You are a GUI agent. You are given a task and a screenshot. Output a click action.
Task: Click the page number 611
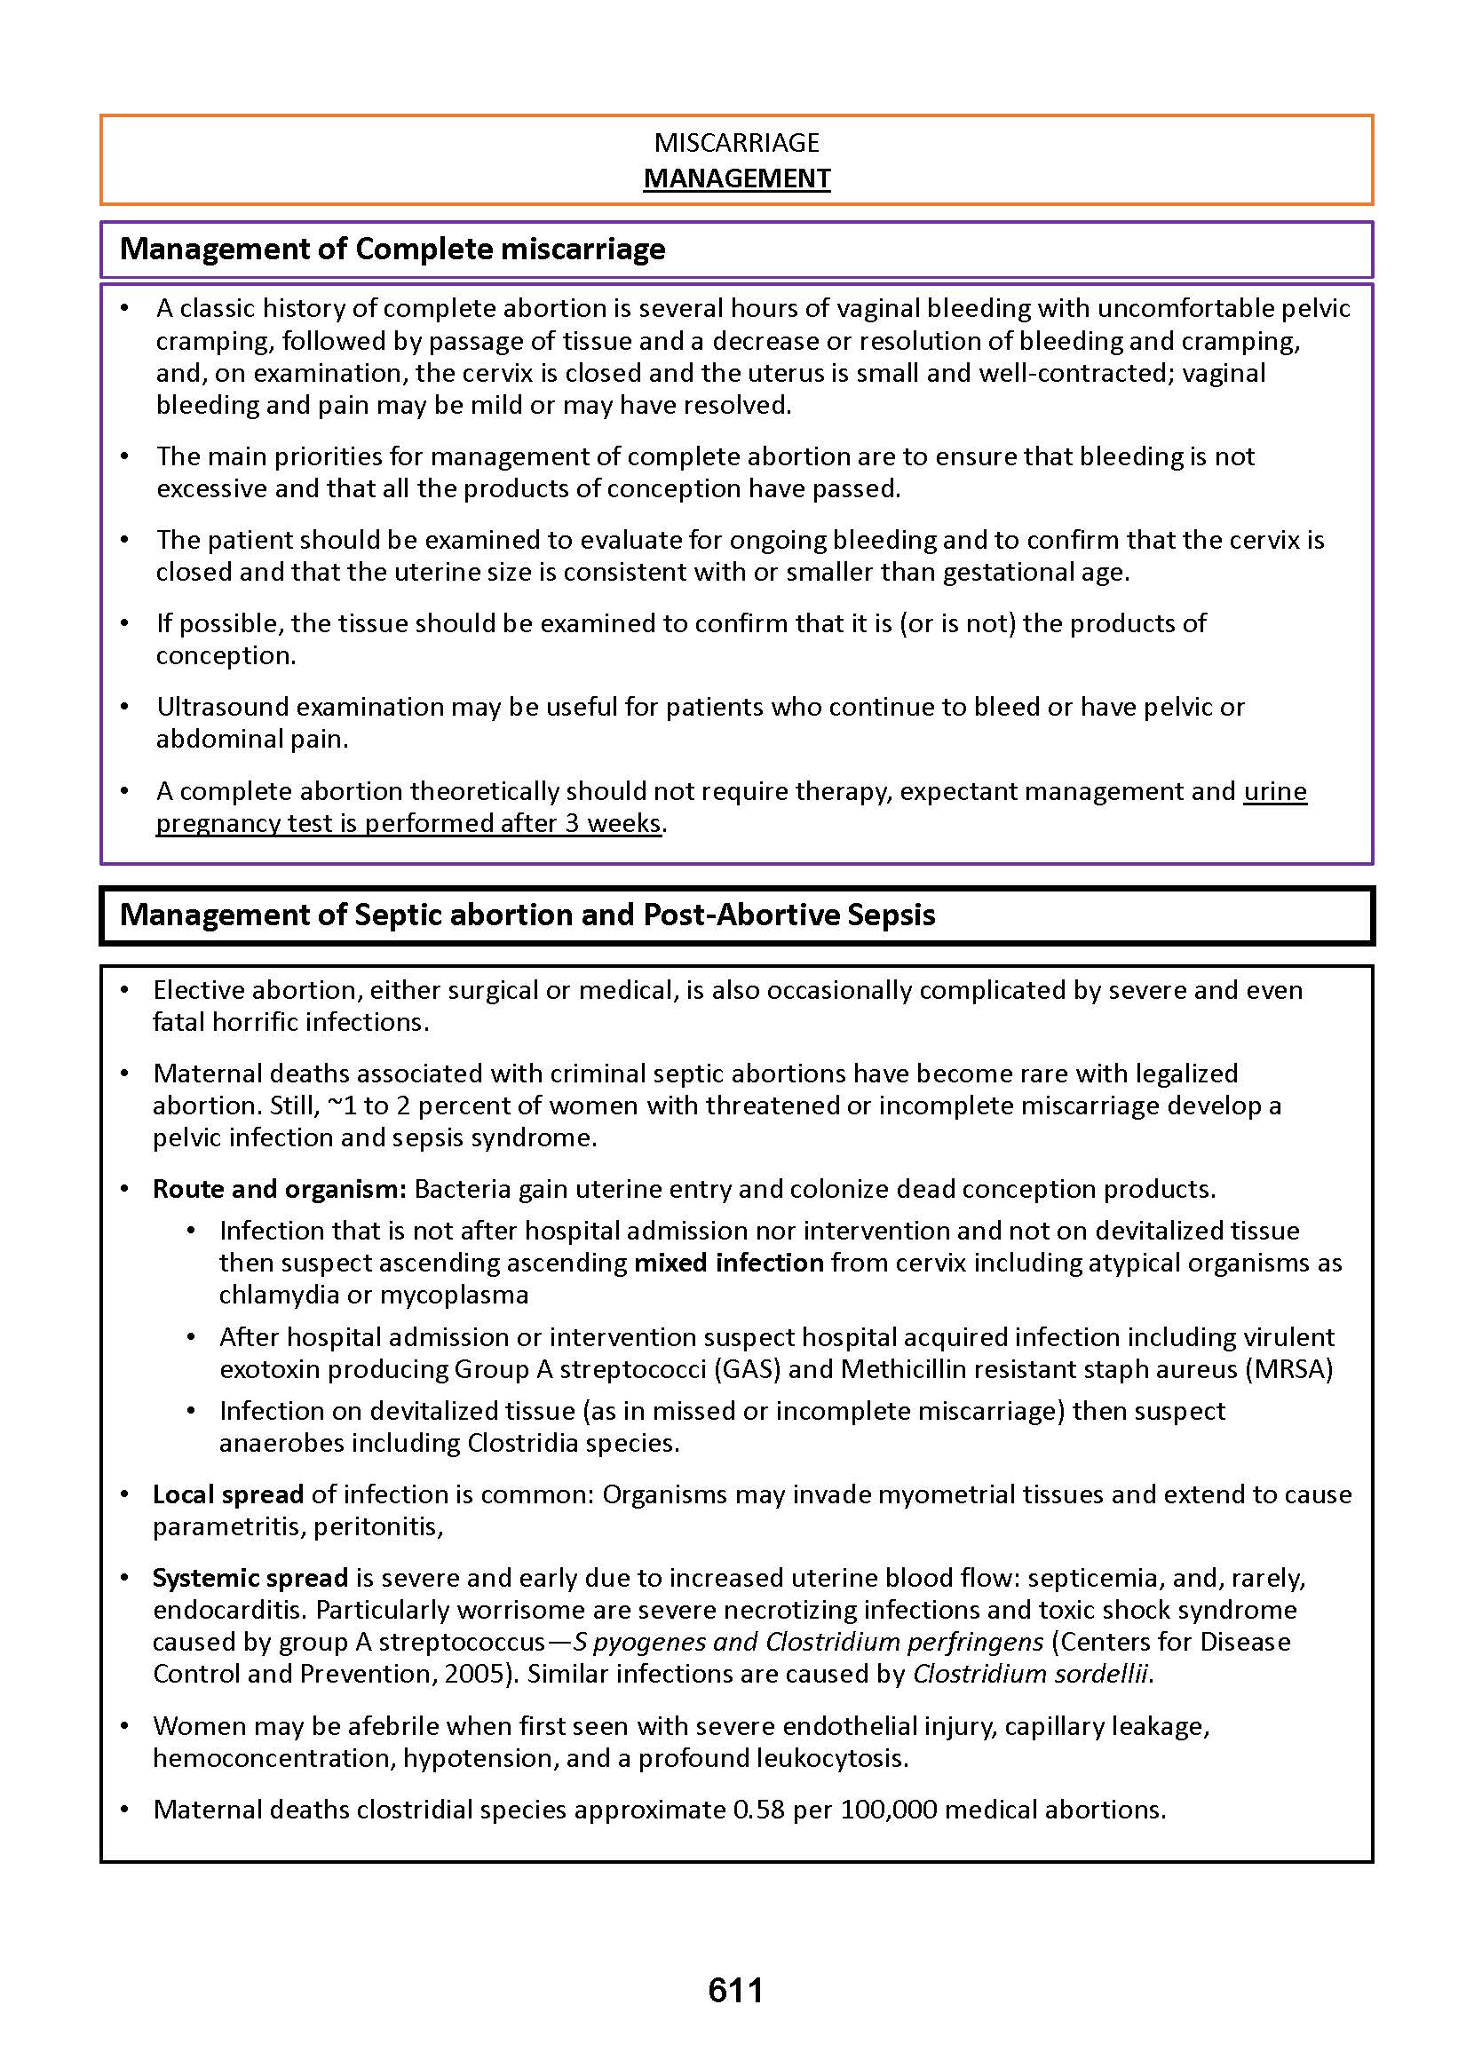click(x=735, y=1990)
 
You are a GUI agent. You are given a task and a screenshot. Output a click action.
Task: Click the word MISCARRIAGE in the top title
click(x=736, y=142)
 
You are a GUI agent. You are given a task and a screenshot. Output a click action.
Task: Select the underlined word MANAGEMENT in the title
click(x=736, y=178)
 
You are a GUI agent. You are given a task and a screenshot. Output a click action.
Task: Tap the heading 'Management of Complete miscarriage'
click(x=392, y=249)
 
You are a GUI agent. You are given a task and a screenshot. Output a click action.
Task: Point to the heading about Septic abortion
click(x=527, y=915)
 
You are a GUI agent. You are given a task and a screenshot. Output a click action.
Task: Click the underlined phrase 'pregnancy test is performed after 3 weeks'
click(x=408, y=823)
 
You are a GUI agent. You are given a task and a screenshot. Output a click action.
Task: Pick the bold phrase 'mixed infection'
click(x=729, y=1263)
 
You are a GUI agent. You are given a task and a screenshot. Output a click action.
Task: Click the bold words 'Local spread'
click(x=228, y=1493)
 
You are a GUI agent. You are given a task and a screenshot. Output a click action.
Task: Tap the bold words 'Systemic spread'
click(x=250, y=1577)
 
